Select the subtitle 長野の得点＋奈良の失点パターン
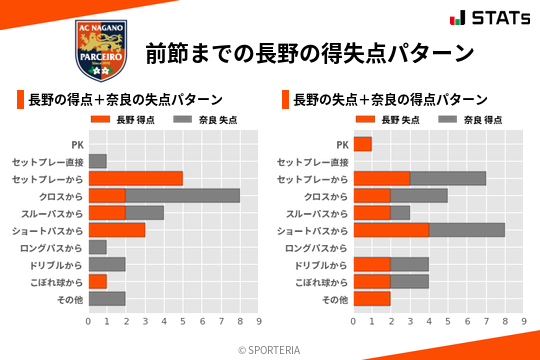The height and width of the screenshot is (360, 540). point(125,100)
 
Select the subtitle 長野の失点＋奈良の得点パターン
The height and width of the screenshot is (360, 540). point(390,100)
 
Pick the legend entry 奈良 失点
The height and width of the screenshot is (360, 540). point(204,120)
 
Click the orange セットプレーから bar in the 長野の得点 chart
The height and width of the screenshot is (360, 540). point(135,178)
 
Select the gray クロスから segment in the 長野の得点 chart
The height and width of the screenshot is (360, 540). point(183,195)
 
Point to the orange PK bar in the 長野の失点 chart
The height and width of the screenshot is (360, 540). point(362,144)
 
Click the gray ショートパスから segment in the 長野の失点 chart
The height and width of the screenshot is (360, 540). point(467,230)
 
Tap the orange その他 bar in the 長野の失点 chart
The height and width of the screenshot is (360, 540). point(372,299)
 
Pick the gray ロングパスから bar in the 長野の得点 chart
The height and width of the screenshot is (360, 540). point(97,247)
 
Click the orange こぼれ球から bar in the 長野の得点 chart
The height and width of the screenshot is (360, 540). point(97,281)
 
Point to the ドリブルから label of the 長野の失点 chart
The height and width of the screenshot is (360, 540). point(321,264)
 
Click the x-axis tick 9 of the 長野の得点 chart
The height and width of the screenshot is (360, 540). point(259,322)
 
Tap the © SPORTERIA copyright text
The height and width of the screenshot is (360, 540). point(270,349)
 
